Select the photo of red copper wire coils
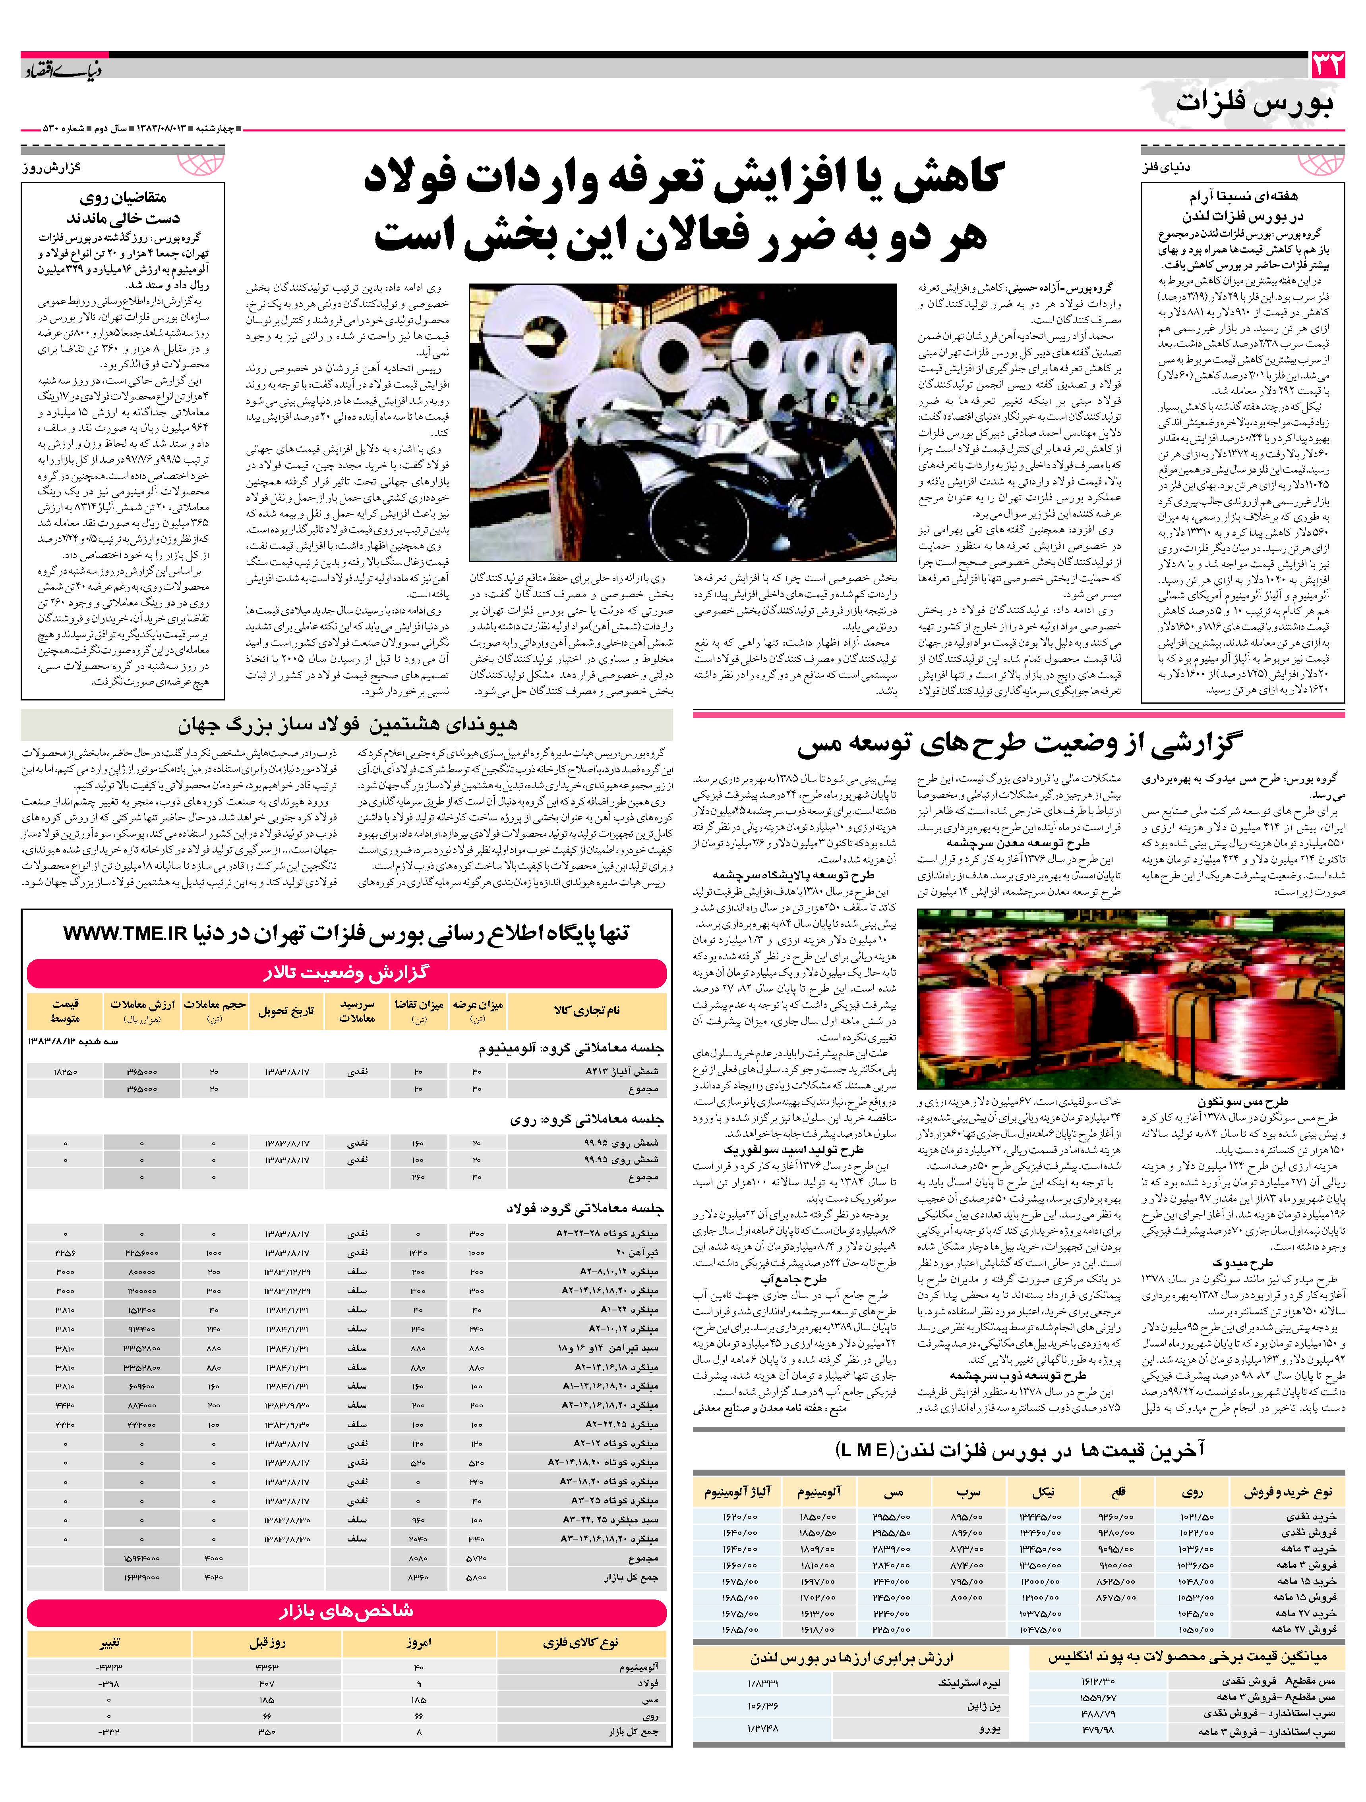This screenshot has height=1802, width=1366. [x=1130, y=997]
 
